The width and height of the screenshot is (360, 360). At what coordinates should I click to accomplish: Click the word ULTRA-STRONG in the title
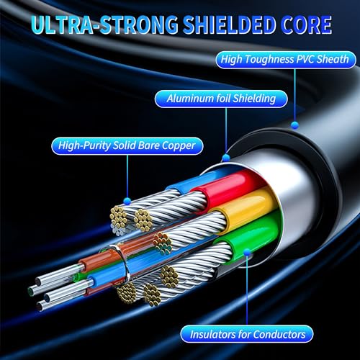click(x=104, y=24)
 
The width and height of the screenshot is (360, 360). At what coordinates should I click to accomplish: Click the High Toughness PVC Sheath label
click(x=286, y=60)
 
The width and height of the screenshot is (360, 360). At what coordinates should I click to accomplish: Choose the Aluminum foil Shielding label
click(x=221, y=99)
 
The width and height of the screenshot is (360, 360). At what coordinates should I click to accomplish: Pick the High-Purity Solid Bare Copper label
click(x=127, y=145)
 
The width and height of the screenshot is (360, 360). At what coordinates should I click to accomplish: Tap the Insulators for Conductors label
click(x=247, y=334)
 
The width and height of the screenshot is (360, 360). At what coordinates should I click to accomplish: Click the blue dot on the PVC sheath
click(x=294, y=125)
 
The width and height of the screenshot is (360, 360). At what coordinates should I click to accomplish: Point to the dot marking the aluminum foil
click(x=226, y=158)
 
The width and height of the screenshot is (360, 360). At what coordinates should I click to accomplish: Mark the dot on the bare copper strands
click(x=127, y=201)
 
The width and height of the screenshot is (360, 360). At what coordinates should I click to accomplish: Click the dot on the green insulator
click(x=247, y=252)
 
